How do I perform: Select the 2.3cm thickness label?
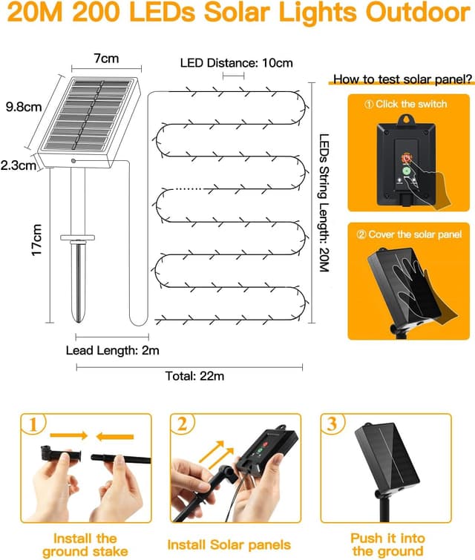coord(19,165)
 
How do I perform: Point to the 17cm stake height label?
coord(35,241)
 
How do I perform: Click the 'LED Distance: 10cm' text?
coord(236,62)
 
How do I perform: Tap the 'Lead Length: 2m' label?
coord(113,349)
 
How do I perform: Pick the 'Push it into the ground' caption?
coord(388,544)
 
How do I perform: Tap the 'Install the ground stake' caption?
coord(79,544)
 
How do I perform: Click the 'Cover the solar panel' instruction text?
coord(409,234)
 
